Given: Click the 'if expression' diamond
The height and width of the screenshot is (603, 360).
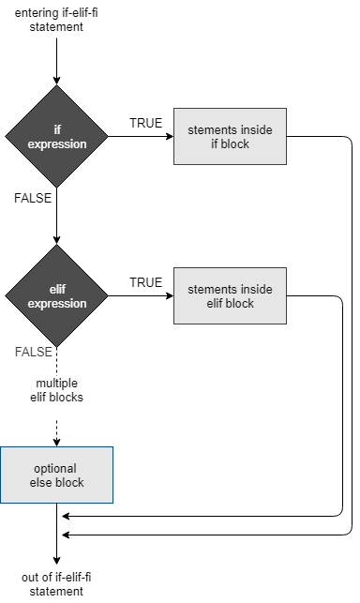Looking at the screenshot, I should (57, 138).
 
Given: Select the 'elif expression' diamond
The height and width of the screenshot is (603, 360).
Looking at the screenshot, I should (57, 297).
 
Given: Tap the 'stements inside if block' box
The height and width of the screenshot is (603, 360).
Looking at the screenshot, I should (230, 138).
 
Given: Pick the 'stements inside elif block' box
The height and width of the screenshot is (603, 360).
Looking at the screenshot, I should (230, 297).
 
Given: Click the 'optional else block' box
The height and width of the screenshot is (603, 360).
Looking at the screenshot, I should (57, 475).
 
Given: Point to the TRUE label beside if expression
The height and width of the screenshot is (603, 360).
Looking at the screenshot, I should (145, 124).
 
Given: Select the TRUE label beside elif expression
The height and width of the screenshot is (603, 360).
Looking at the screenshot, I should (145, 282).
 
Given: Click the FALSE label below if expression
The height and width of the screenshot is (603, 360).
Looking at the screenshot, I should (33, 199).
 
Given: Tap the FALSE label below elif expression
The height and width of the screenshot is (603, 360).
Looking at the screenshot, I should (33, 352).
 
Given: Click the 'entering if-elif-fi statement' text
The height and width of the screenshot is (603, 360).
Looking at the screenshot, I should (57, 20).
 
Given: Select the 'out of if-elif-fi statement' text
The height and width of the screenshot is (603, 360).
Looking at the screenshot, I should (57, 583).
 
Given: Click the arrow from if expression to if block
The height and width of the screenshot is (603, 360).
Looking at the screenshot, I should (141, 138).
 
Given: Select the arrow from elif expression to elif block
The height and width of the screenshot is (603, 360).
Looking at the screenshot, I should (141, 297).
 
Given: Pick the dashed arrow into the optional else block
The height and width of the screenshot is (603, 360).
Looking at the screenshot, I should (57, 431).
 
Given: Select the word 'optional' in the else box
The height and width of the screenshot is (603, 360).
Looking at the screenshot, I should (58, 467).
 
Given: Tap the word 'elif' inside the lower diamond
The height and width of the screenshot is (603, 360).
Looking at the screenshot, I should (57, 291).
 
